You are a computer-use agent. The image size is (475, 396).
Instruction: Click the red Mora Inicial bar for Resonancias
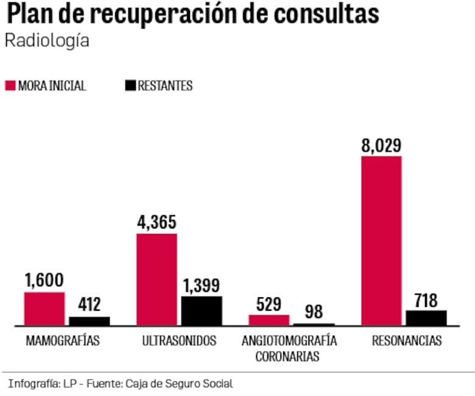point(381,241)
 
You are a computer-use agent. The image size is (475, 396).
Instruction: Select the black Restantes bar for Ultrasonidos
point(202,311)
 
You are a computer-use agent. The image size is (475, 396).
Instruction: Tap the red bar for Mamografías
point(44,309)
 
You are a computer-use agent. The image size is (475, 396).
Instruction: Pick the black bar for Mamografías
point(90,321)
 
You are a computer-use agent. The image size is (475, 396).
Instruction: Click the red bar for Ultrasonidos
point(157,280)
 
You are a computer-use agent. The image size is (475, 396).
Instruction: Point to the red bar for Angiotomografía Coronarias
point(269,320)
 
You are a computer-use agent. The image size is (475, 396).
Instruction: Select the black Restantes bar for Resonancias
point(426,318)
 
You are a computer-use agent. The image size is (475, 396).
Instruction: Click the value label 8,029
point(381,146)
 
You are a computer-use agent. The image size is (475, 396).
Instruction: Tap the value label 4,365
point(157,222)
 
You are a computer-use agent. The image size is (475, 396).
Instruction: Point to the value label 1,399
point(202,285)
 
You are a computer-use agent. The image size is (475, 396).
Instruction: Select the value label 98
point(314,312)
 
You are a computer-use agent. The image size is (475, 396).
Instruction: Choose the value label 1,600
point(44,281)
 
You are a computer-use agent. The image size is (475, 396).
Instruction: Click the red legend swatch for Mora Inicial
point(10,86)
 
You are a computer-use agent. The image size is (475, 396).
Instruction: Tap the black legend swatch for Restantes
point(130,86)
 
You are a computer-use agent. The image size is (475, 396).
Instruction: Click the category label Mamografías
point(62,341)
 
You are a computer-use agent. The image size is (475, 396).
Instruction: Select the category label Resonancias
point(407,341)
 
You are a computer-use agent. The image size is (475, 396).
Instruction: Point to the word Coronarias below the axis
point(287,357)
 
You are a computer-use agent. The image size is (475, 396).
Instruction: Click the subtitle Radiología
point(47,41)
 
